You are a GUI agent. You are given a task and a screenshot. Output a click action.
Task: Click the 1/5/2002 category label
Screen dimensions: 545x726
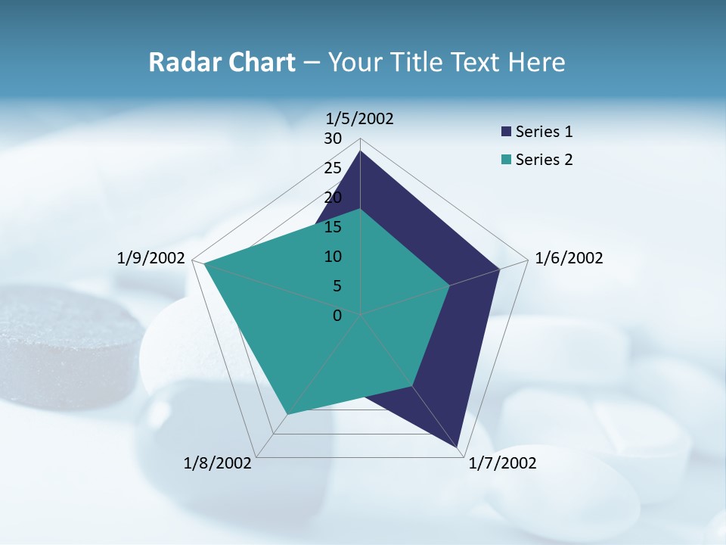point(360,119)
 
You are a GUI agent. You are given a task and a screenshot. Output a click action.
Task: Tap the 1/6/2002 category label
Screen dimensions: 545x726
point(569,258)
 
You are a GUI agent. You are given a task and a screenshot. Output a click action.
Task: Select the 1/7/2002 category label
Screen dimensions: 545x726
point(502,463)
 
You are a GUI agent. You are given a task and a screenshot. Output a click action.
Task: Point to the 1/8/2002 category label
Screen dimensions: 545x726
point(218,463)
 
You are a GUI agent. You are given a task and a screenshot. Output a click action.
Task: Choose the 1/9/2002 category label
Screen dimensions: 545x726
point(151,258)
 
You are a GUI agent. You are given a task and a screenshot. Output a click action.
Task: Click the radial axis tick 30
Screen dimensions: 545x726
point(333,139)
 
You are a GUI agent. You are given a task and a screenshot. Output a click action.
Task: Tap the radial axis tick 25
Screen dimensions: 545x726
point(333,168)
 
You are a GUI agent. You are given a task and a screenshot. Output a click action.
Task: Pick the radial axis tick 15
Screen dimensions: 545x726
point(333,227)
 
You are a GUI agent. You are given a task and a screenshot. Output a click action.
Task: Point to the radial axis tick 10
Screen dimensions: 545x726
point(333,257)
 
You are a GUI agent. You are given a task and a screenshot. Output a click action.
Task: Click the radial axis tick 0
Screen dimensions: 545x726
point(337,316)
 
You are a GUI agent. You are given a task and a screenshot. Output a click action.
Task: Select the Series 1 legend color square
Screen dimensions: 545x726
point(506,132)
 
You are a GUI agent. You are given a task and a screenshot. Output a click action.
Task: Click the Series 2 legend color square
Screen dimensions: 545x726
point(506,160)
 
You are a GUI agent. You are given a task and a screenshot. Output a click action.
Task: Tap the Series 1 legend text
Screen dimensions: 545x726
point(544,132)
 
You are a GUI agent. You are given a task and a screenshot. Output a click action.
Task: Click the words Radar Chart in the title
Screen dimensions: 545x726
point(222,62)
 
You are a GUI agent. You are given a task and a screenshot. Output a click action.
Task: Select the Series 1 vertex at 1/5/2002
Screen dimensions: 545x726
point(360,151)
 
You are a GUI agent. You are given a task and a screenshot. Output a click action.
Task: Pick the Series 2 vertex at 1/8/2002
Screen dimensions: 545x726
point(287,414)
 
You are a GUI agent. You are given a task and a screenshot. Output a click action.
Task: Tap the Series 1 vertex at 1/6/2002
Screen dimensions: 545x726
point(499,269)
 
